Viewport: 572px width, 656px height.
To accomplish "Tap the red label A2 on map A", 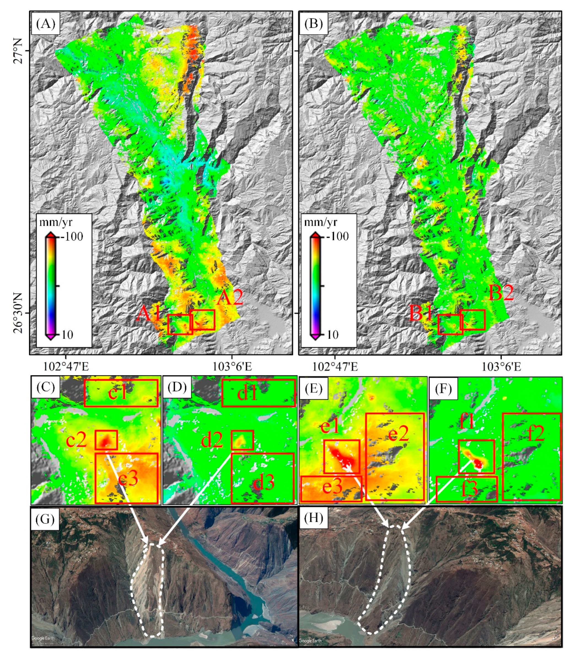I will (230, 298).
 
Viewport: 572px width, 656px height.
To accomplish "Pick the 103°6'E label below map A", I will (232, 366).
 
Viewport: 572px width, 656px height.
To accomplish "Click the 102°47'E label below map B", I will (335, 366).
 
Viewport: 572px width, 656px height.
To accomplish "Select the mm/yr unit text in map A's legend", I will (56, 222).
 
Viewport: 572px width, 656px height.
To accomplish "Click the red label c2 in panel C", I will (76, 440).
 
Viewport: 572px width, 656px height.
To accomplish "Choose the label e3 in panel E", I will (332, 487).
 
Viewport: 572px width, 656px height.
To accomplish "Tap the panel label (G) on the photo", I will (45, 519).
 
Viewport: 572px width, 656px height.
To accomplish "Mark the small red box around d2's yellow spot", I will (242, 440).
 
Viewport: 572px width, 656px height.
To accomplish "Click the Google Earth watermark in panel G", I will (43, 638).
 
